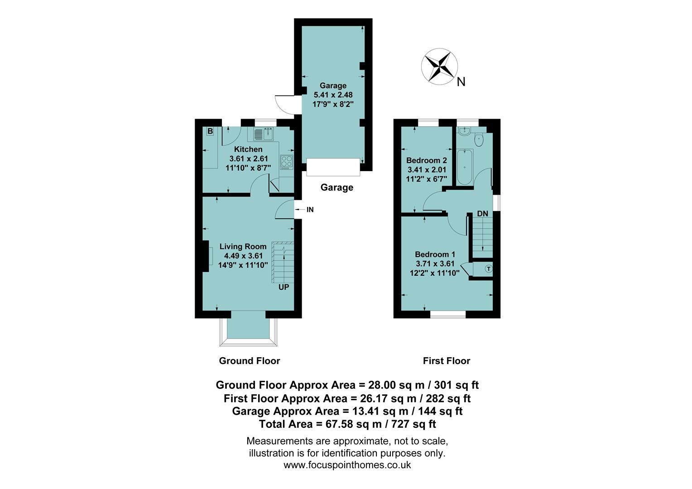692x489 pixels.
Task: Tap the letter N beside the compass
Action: point(461,82)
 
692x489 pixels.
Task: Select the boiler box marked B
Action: point(210,131)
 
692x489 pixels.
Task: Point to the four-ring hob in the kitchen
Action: point(286,162)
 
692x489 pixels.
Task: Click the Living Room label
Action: point(243,247)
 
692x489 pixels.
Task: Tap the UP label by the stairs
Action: point(284,287)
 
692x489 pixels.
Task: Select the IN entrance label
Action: point(310,210)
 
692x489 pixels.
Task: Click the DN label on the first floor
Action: point(482,214)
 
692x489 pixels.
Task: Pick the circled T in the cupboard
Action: point(488,269)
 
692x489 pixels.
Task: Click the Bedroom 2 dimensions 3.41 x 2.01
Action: point(427,170)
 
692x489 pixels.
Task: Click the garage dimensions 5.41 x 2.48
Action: point(333,95)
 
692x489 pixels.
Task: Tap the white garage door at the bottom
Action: point(333,167)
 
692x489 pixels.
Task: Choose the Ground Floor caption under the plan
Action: point(250,361)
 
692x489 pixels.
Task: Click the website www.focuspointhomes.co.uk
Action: point(347,465)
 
